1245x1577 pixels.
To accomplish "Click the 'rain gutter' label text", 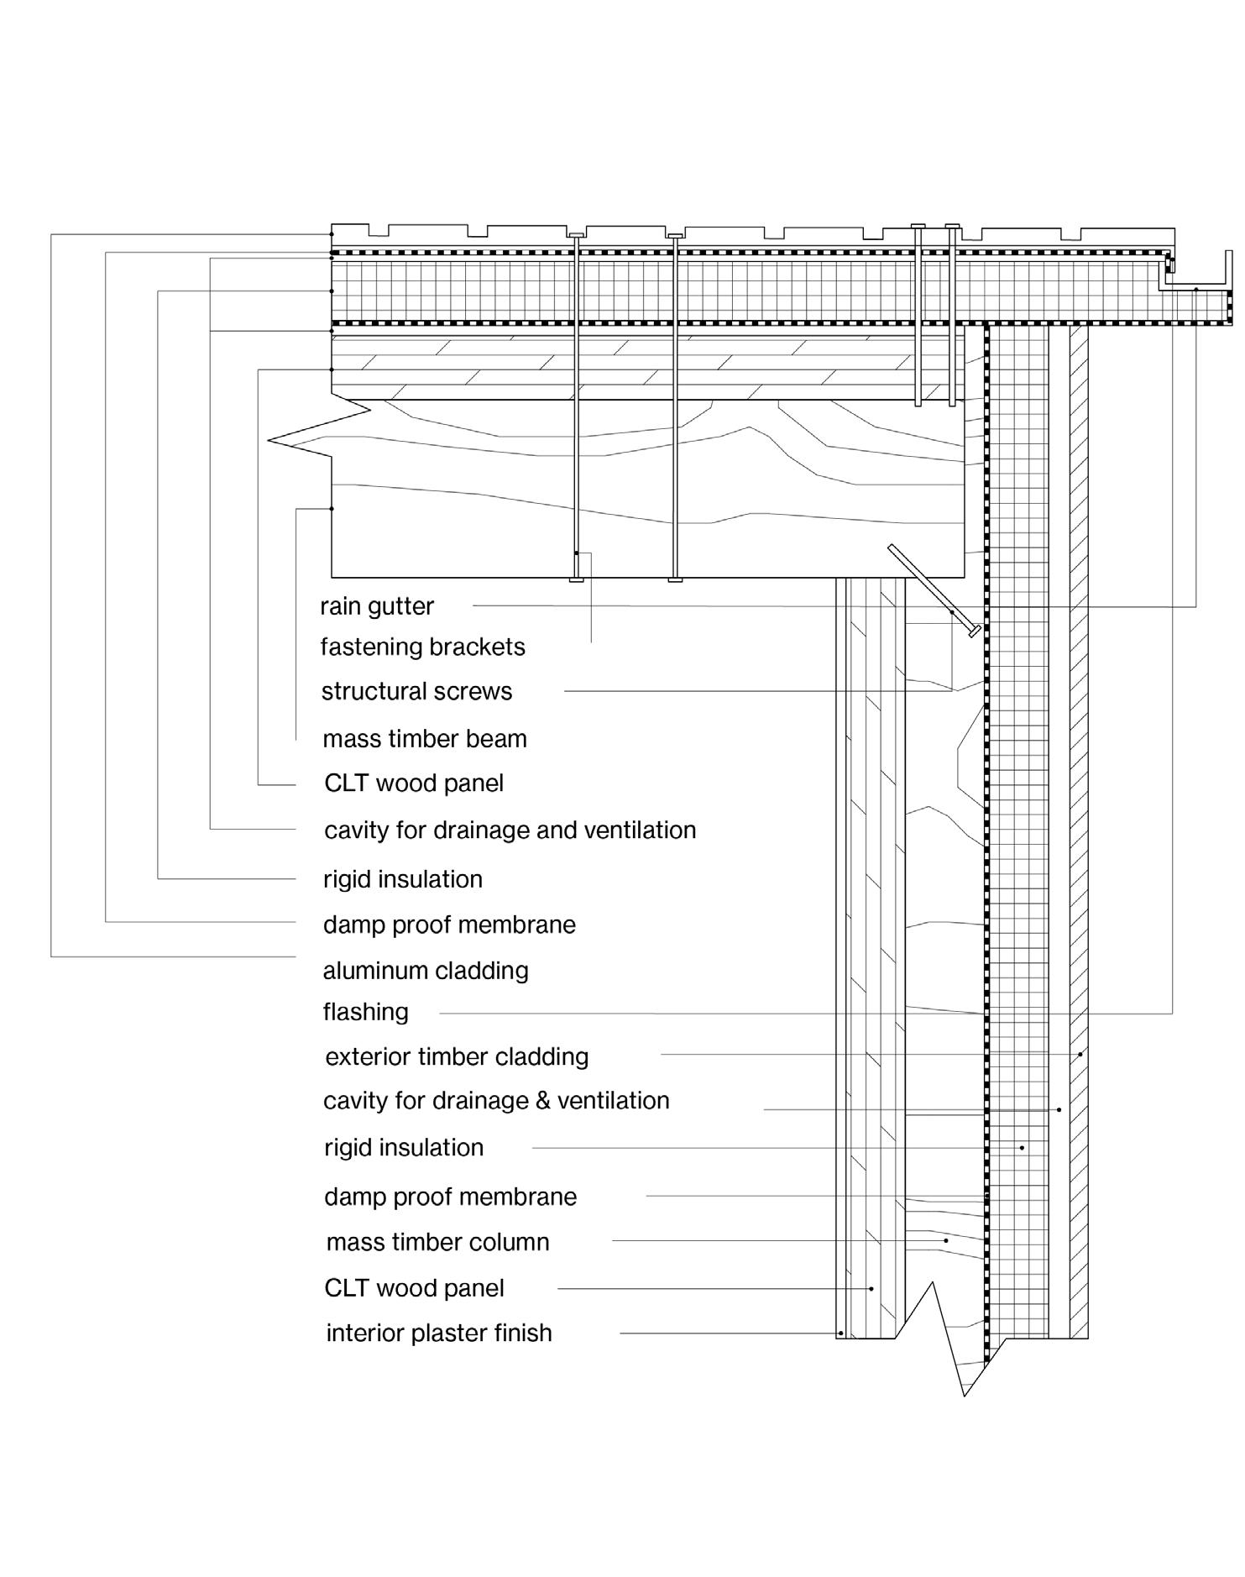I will (377, 606).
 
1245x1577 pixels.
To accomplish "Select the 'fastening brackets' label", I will (422, 647).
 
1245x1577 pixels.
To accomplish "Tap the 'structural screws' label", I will (416, 692).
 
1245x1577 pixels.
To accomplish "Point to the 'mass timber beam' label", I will (425, 739).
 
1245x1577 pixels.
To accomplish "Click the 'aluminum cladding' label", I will (426, 971).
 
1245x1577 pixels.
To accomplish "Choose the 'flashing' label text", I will (365, 1013).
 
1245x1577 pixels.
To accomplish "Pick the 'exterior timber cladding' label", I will (457, 1056).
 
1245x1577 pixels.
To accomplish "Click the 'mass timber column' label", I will (437, 1242).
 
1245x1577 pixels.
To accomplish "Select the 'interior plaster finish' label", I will (439, 1333).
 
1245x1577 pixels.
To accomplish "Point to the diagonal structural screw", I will (932, 589).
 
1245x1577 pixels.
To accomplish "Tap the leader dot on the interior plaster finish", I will (840, 1333).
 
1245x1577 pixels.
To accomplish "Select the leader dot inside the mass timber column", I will (946, 1240).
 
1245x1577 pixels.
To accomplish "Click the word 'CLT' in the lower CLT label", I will (346, 1288).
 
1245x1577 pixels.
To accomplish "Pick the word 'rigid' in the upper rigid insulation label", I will (347, 880).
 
